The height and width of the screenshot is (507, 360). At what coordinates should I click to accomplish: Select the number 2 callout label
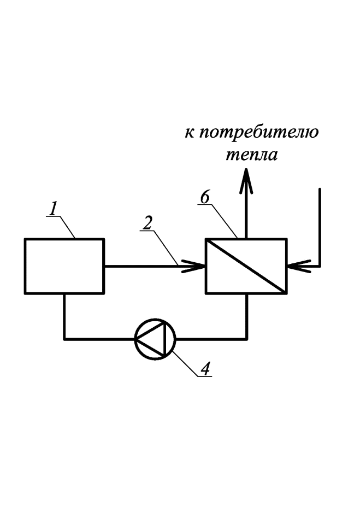point(147,223)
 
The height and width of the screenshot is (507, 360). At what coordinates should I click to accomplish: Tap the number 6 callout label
point(205,197)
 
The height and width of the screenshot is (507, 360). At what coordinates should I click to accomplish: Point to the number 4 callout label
point(206,368)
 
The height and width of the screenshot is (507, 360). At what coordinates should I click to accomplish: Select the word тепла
point(251,155)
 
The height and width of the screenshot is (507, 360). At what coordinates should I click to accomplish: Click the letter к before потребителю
point(189,133)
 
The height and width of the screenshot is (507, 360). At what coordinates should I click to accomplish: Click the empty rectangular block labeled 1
point(64,266)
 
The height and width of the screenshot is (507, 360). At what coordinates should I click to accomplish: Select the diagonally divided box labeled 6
point(246,266)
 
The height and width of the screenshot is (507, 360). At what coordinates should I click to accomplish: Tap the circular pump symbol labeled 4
point(155,339)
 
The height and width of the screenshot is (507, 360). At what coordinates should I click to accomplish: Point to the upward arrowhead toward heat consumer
point(246,181)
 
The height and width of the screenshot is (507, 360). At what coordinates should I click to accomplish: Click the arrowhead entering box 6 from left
point(193,266)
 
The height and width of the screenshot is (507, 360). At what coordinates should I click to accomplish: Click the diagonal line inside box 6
point(246,266)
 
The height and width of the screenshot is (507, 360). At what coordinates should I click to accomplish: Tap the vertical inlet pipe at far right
point(320,227)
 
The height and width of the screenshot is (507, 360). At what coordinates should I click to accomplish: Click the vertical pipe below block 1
point(64,316)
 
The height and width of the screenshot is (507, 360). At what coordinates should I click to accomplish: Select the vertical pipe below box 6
point(246,316)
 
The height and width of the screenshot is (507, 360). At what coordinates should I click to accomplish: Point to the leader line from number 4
point(185,364)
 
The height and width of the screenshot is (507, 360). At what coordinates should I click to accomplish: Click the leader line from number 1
point(67,227)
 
